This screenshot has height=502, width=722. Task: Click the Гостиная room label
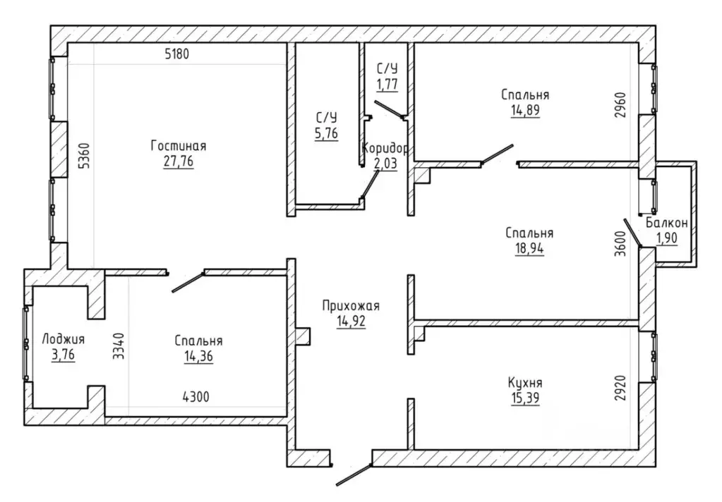[178, 147]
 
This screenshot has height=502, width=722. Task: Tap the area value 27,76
[178, 161]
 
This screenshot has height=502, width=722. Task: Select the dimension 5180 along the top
[177, 54]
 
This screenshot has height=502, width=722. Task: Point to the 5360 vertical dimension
[84, 157]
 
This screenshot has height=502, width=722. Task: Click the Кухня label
[525, 383]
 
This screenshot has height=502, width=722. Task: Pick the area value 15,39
[525, 398]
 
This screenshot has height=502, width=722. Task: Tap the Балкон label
[667, 224]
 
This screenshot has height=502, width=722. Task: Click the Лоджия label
[63, 340]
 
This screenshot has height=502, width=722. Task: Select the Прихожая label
[351, 306]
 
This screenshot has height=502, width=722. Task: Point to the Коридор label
[385, 149]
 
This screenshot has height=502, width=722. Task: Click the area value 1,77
[387, 85]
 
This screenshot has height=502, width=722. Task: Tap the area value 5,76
[327, 133]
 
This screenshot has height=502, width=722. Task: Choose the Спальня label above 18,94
[529, 233]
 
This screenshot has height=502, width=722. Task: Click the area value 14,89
[525, 111]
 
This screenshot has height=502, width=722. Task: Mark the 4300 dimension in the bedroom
[195, 397]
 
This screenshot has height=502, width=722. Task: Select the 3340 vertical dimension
[119, 346]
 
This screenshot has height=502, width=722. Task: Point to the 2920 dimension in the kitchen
[620, 388]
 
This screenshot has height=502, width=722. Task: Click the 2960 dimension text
[620, 106]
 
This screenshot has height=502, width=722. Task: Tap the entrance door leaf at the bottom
[354, 475]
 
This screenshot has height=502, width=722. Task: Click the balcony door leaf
[632, 233]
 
